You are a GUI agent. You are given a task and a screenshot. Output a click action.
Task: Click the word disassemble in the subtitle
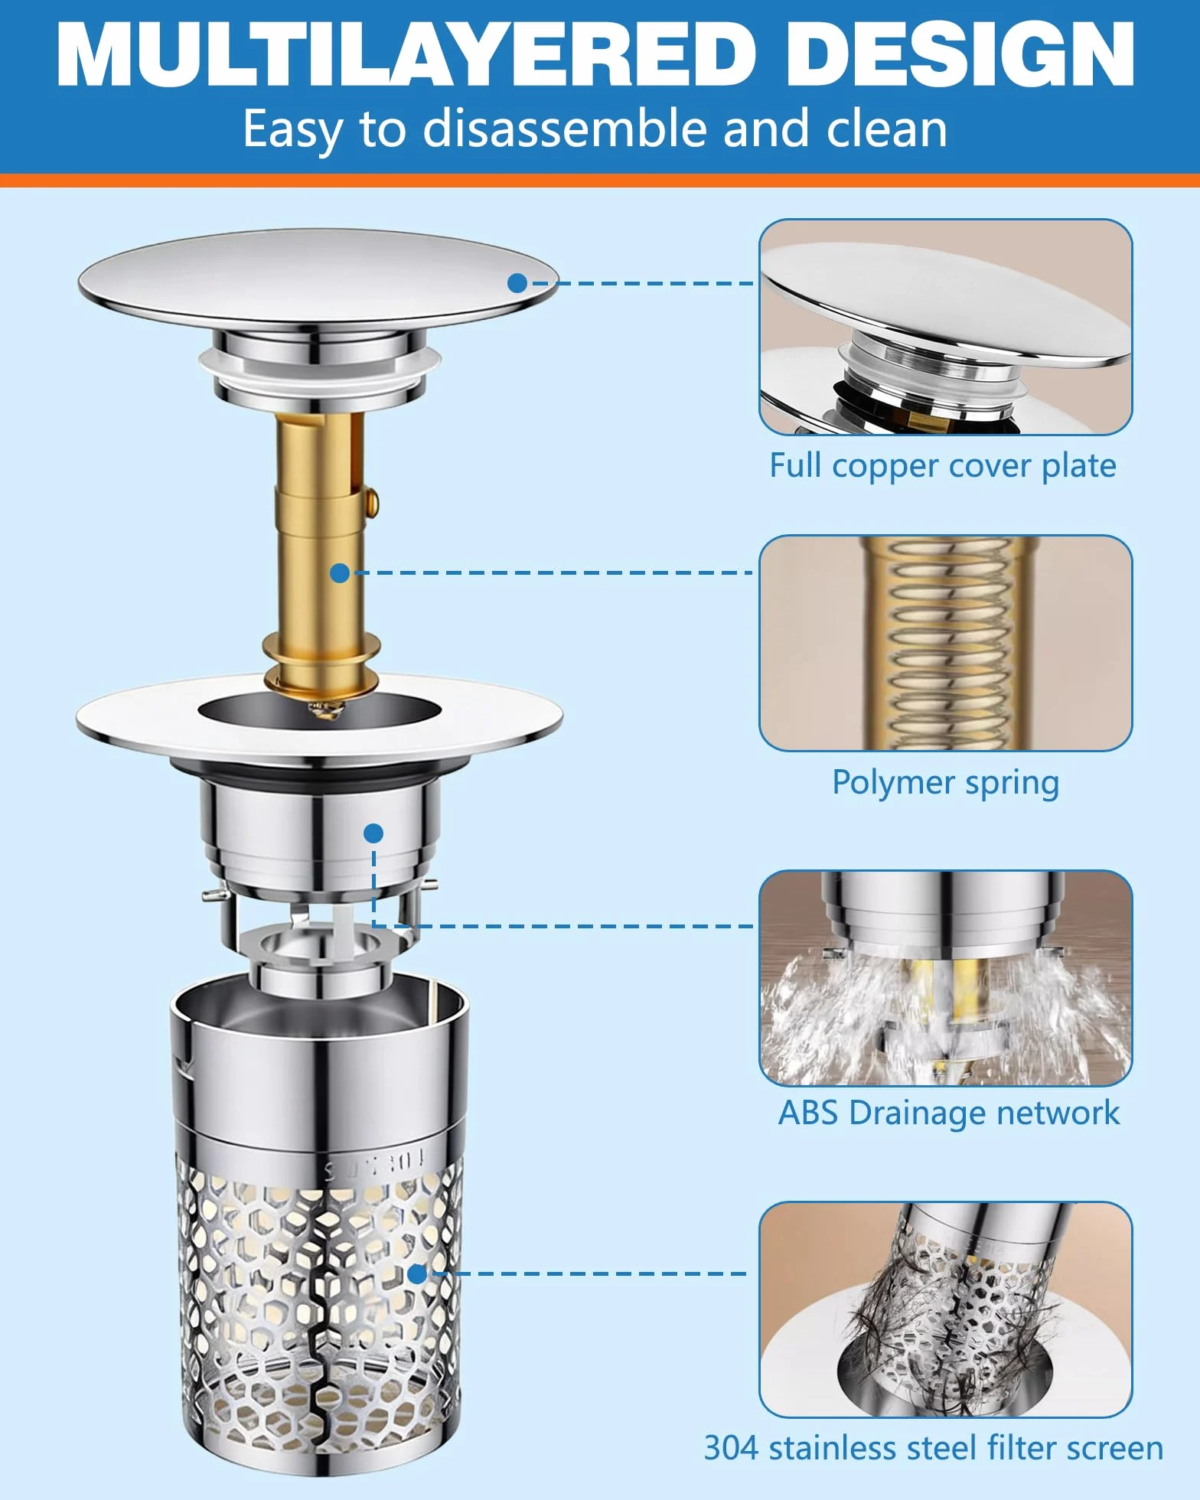click(567, 128)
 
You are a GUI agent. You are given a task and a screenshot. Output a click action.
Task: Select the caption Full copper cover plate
click(943, 466)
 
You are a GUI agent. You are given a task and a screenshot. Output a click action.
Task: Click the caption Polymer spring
click(946, 783)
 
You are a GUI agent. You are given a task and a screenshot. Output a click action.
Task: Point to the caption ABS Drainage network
click(949, 1113)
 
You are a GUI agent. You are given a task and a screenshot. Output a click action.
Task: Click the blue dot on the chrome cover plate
click(517, 283)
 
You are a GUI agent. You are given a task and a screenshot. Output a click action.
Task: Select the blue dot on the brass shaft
click(340, 572)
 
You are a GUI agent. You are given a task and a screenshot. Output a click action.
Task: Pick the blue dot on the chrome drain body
click(373, 833)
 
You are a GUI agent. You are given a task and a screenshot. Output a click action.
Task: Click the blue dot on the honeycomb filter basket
click(417, 1273)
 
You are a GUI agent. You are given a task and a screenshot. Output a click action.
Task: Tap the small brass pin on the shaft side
click(372, 502)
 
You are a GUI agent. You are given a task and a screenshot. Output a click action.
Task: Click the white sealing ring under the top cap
click(320, 364)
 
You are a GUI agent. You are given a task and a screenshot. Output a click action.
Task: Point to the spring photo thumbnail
click(946, 643)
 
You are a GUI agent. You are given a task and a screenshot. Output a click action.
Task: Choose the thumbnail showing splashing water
click(946, 977)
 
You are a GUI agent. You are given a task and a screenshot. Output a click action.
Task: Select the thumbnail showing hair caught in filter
click(946, 1309)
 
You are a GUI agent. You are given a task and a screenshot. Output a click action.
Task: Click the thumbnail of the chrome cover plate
click(946, 327)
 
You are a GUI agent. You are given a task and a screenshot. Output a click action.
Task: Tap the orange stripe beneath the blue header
click(600, 181)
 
